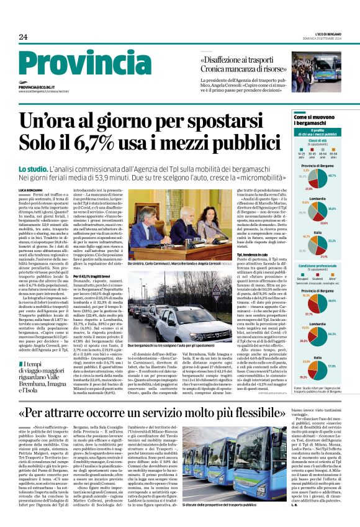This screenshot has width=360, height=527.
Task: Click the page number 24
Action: [24, 37]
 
